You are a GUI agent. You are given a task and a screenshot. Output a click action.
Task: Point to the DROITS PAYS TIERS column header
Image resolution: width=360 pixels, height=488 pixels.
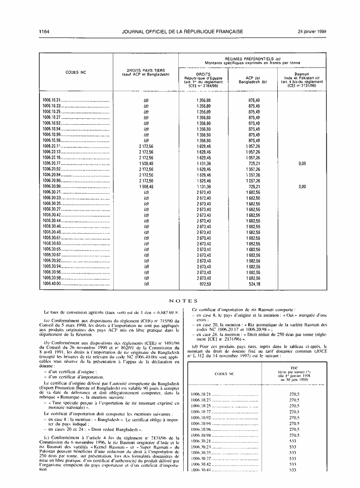[x=146, y=72]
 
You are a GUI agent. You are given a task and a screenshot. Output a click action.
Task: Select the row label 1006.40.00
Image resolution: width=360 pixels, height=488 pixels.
[x=51, y=283]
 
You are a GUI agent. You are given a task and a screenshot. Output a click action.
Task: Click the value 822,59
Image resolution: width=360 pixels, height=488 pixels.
[x=203, y=283]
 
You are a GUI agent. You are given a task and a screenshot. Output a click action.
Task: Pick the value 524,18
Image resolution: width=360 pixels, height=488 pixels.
[x=254, y=283]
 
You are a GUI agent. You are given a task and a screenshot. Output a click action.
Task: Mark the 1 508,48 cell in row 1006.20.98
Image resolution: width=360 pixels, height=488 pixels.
[x=147, y=187]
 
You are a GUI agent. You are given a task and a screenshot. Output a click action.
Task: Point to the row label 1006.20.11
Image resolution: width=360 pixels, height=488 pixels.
[x=51, y=145]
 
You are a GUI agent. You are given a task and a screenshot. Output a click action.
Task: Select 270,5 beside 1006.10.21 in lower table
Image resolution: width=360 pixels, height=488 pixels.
[x=295, y=394]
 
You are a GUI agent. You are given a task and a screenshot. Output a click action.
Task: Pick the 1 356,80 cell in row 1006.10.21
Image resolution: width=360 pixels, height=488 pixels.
[x=203, y=100]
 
